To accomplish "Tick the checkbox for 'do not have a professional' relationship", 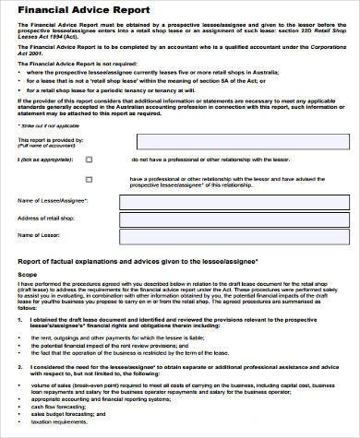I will point(90,159).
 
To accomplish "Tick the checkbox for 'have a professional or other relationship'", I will point(90,180).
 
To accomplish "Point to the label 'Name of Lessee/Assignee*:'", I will point(49,200).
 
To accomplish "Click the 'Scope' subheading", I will point(28,274).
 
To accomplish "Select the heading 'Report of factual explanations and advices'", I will point(138,262).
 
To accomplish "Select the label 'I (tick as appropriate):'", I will point(42,159).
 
